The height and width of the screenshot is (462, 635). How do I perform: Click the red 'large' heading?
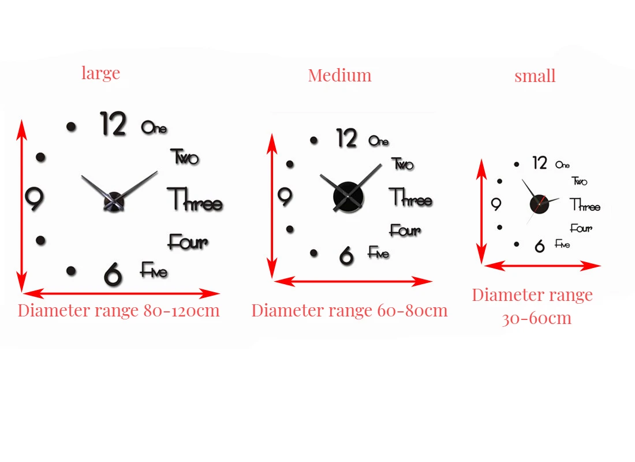(x=100, y=73)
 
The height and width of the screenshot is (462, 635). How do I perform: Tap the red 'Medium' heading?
(x=339, y=76)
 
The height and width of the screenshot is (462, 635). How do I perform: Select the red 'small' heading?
(x=535, y=76)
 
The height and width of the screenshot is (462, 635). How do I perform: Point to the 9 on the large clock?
(x=35, y=198)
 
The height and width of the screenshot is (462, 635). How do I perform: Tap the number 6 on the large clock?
(x=113, y=273)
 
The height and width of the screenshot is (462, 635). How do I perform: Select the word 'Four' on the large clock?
(x=188, y=242)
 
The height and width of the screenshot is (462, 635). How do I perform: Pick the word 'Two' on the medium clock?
(x=403, y=164)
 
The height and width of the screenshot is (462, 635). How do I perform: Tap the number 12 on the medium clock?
(x=347, y=139)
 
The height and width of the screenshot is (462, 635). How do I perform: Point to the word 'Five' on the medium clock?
(x=379, y=253)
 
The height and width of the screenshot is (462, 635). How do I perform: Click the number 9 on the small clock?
(x=495, y=204)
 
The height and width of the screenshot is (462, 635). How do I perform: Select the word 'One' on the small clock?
(x=562, y=165)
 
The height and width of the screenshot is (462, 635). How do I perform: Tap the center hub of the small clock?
(x=539, y=204)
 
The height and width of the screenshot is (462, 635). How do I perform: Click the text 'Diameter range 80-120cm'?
(x=118, y=311)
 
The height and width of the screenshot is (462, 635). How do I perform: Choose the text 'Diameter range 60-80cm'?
(x=349, y=311)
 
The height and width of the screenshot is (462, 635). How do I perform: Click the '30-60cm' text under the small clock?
(x=536, y=318)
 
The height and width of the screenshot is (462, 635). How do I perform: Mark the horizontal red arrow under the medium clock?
(x=353, y=282)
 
